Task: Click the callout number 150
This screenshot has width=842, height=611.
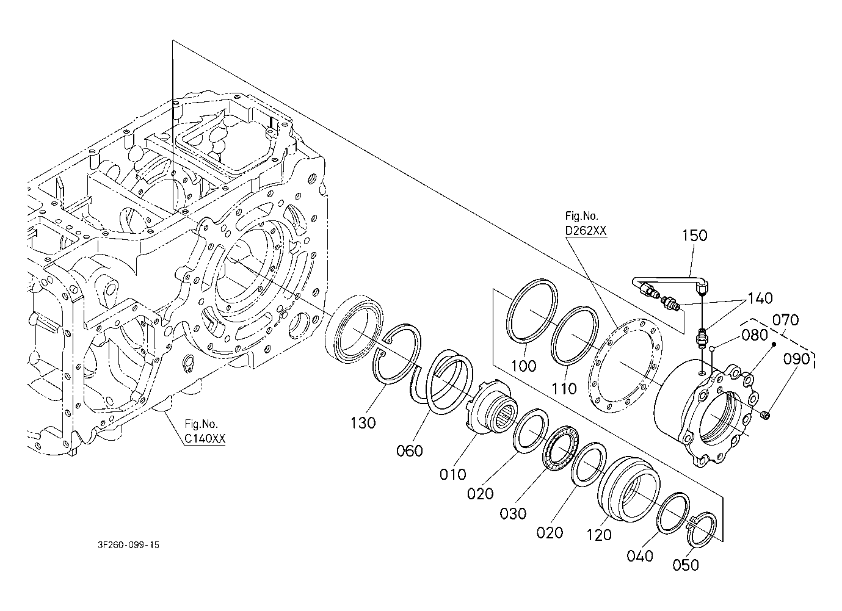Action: tap(695, 236)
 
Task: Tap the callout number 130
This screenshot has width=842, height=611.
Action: tap(363, 423)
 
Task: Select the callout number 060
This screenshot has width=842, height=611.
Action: tap(410, 450)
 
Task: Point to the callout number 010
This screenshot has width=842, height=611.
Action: tap(453, 474)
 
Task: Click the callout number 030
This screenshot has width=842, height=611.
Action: tap(513, 513)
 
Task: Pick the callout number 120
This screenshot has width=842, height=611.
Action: tap(599, 535)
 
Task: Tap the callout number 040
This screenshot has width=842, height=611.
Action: tap(640, 556)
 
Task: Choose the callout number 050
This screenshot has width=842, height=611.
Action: tap(686, 565)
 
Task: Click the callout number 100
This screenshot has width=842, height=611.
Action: tap(524, 366)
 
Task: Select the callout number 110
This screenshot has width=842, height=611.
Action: tap(564, 389)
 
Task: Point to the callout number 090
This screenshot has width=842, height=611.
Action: tap(796, 360)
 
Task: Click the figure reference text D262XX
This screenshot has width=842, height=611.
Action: tap(586, 230)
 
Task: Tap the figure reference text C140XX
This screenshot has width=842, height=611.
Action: tap(205, 438)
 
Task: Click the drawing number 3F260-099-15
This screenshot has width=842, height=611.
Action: tap(129, 545)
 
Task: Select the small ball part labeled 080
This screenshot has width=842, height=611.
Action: tap(711, 349)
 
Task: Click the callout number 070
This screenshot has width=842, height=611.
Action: tap(785, 320)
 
